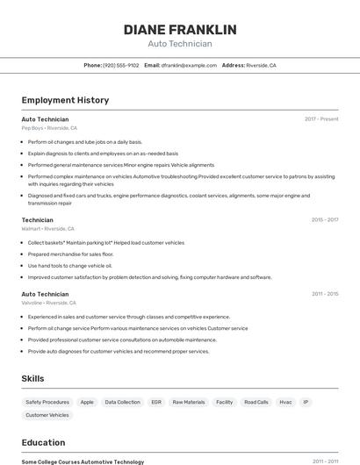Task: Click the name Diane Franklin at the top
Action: pyautogui.click(x=180, y=30)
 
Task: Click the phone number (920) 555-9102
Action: pyautogui.click(x=120, y=65)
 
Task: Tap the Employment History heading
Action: pyautogui.click(x=65, y=100)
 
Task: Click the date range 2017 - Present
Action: pyautogui.click(x=321, y=118)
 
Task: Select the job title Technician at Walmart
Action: pyautogui.click(x=37, y=219)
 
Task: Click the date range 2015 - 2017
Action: pyautogui.click(x=325, y=219)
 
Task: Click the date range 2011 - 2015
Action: pyautogui.click(x=325, y=294)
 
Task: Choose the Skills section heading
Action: pyautogui.click(x=33, y=378)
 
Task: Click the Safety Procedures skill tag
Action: pyautogui.click(x=47, y=402)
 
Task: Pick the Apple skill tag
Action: pyautogui.click(x=87, y=402)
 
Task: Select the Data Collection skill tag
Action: pyautogui.click(x=122, y=402)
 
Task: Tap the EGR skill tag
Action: pyautogui.click(x=156, y=402)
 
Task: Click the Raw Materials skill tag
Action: pyautogui.click(x=189, y=402)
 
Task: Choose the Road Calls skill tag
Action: pyautogui.click(x=256, y=402)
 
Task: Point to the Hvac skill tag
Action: pyautogui.click(x=285, y=402)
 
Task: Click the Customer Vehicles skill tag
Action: pyautogui.click(x=47, y=415)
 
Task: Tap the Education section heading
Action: pyautogui.click(x=43, y=442)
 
